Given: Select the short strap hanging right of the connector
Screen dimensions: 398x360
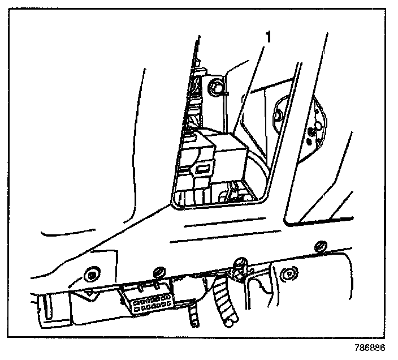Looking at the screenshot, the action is point(194,314).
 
